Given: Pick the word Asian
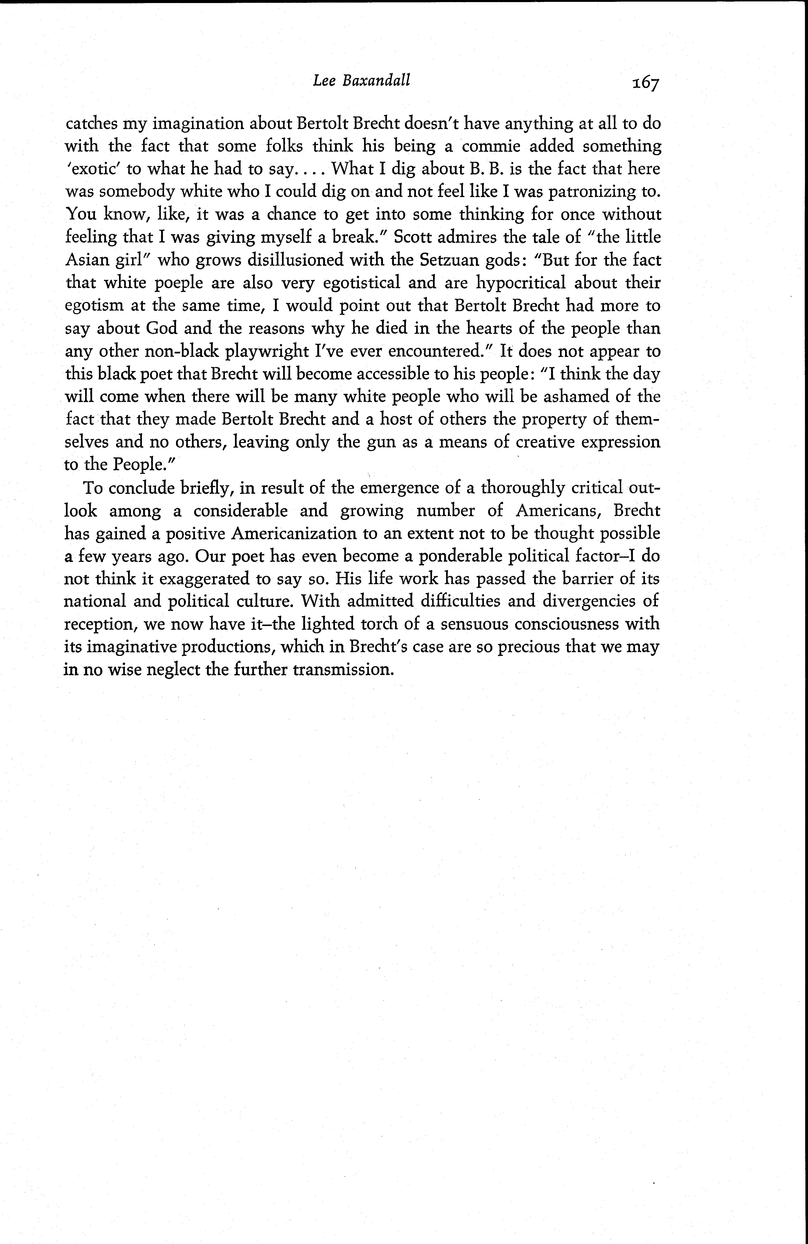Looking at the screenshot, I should [x=87, y=260].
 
